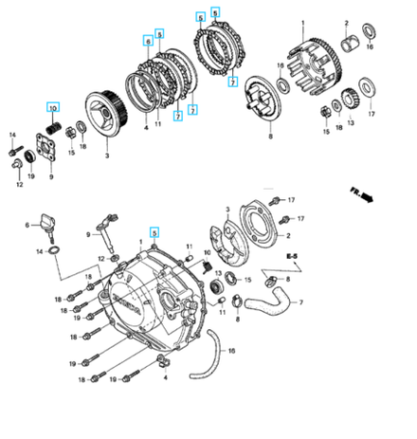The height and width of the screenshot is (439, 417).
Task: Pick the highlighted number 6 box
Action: pos(148,41)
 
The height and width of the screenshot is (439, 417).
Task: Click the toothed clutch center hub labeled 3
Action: pos(107,111)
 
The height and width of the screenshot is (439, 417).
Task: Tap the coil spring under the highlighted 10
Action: pos(54,124)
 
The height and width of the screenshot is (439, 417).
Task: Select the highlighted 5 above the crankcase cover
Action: pos(154,231)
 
